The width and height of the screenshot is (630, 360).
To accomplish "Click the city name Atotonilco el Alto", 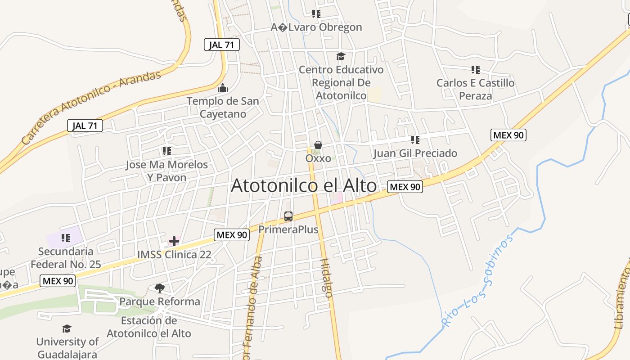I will coord(304,185).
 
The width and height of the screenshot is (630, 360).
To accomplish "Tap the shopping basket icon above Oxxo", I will coord(318,145).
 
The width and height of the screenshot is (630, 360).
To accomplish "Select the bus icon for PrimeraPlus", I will coord(288,216).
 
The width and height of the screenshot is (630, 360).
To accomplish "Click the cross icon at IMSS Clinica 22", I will coord(174,241).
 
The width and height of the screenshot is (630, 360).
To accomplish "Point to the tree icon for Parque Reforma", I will coord(159,288).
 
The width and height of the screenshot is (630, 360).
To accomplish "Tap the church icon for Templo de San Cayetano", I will coord(222,88).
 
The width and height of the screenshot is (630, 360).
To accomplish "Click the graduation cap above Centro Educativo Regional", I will coord(341,57).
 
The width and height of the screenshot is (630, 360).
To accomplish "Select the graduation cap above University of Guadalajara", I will coord(67,329).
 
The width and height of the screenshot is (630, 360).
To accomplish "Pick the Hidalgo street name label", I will coord(326,278).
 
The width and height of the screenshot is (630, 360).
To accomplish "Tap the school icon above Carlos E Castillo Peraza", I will coord(476,70).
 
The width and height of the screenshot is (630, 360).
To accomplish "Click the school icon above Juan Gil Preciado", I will coord(415,140).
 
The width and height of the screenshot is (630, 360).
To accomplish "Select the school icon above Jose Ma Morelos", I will coord(167,151).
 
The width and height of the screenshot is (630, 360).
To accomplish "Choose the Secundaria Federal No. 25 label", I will coord(66,258).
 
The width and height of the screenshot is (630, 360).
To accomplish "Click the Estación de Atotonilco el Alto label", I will coord(149,327).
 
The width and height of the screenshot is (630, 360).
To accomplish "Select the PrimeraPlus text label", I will coord(288,229).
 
